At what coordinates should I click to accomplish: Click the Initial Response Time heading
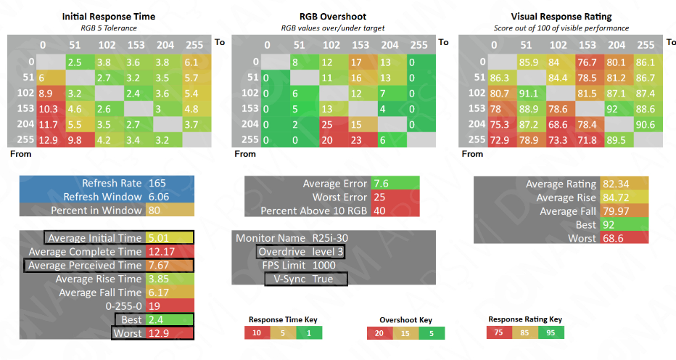(x=108, y=16)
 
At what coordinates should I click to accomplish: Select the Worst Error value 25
(x=379, y=197)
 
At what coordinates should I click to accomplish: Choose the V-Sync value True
(x=323, y=279)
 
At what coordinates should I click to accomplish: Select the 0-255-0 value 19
(x=155, y=306)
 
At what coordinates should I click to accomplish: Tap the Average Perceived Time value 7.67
(x=159, y=266)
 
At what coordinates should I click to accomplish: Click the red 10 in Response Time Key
(x=257, y=332)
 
